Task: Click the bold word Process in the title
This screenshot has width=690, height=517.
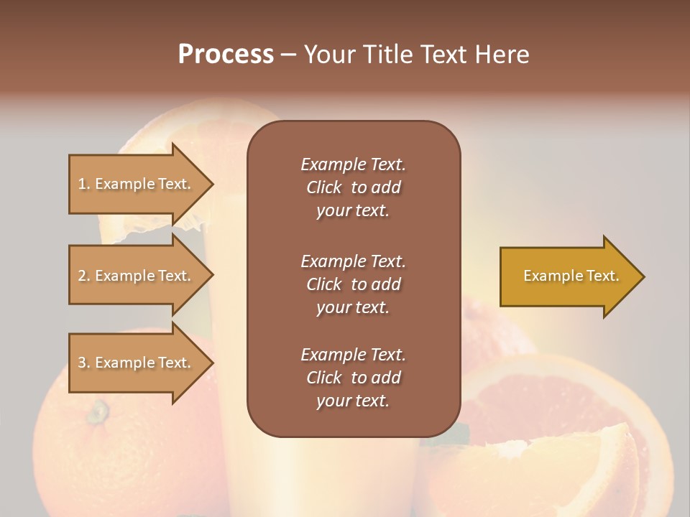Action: [x=226, y=55]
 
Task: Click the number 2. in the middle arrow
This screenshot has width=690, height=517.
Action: [x=84, y=276]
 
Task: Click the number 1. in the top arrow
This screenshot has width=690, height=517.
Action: [x=84, y=184]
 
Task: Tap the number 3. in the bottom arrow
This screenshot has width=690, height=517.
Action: [x=84, y=363]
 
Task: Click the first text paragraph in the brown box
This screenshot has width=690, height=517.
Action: [x=353, y=187]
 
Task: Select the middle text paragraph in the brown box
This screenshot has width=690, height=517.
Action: [x=353, y=284]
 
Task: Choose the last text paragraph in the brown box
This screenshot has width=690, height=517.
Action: [x=353, y=378]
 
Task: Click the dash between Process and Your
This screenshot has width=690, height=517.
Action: [x=289, y=55]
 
